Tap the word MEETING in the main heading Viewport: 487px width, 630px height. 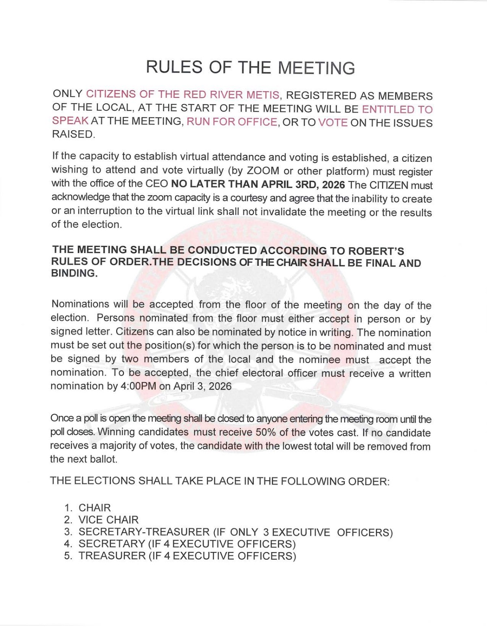pos(316,67)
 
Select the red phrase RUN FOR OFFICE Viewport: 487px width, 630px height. pos(232,122)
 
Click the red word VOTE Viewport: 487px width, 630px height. pos(333,123)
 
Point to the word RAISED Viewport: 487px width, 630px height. pos(73,135)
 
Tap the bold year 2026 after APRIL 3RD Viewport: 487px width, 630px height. pos(333,185)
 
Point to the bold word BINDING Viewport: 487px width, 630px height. pos(74,273)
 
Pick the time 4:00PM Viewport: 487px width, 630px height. pos(138,386)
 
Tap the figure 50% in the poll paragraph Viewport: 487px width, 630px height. pos(266,432)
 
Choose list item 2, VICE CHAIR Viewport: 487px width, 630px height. pos(108,520)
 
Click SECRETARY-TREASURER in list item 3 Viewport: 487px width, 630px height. pos(144,532)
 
